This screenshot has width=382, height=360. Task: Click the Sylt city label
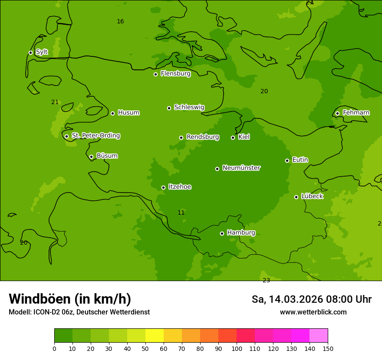(42, 52)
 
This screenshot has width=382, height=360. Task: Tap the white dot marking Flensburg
(155, 74)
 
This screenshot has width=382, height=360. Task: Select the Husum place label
(128, 113)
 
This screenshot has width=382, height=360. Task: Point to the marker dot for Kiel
(233, 137)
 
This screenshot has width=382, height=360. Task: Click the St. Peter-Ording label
(95, 136)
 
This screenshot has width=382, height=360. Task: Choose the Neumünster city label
(241, 168)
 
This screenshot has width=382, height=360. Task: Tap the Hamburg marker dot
(222, 233)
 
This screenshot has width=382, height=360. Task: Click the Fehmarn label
(356, 113)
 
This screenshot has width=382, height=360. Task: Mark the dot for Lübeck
(296, 197)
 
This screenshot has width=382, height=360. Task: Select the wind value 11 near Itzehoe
(181, 213)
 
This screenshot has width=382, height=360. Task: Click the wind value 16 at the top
(120, 21)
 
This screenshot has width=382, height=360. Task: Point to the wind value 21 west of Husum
(55, 102)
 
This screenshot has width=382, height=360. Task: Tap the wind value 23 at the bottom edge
(266, 280)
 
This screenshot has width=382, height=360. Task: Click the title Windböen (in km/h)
(70, 299)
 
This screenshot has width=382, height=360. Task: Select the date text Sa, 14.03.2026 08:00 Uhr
(311, 299)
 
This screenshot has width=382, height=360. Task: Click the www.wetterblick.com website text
(313, 312)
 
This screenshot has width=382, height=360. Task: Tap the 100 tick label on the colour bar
(237, 348)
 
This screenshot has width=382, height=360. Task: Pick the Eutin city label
(300, 160)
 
